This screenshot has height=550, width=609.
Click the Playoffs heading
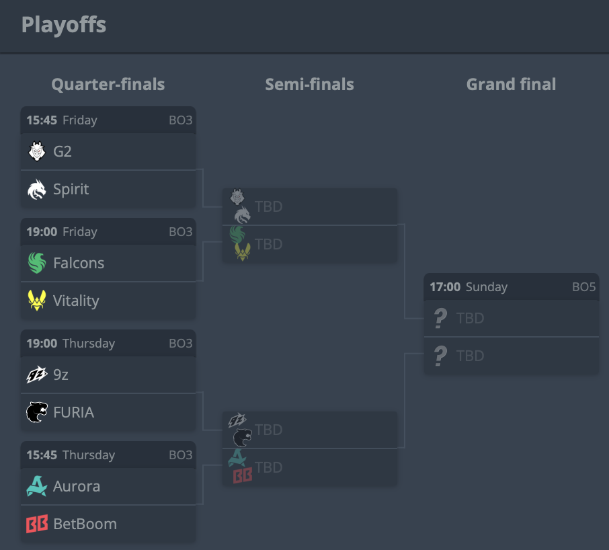[64, 26]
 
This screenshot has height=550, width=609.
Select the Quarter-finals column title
[108, 84]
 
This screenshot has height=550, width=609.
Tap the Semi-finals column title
[310, 84]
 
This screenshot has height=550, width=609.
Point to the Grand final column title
[511, 84]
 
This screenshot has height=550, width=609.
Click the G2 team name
[62, 151]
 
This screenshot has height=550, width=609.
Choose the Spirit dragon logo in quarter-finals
[37, 189]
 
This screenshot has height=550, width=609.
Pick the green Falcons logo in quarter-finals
[37, 263]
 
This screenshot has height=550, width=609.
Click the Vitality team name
[76, 301]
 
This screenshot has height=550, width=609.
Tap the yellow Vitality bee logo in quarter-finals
[37, 301]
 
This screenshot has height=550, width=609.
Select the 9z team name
[60, 375]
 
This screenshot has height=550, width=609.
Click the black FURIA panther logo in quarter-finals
[37, 412]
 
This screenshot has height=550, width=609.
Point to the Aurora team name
[77, 486]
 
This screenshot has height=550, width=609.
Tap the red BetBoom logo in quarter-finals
[37, 524]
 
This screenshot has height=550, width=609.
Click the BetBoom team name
[85, 524]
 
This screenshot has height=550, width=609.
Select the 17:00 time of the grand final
[445, 287]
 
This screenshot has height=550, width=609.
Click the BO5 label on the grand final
[583, 287]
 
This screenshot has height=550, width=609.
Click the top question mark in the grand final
[440, 318]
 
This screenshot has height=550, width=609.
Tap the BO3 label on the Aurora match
[181, 455]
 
